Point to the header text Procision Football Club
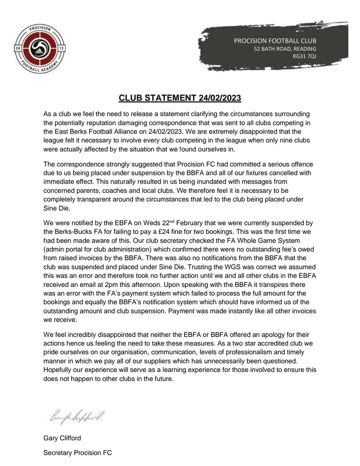click(275, 41)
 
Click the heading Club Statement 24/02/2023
click(180, 98)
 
